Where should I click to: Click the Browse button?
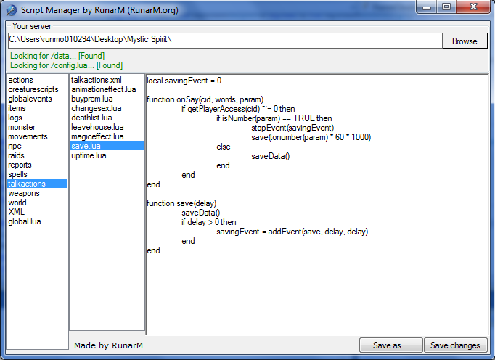tap(465, 41)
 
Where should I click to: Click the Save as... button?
tap(390, 345)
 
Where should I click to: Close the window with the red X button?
tap(473, 7)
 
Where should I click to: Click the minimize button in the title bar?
tap(427, 7)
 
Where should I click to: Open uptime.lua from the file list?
tap(89, 155)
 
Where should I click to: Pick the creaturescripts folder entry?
tap(33, 89)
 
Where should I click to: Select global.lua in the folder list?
tap(25, 221)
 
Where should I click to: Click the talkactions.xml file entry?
tap(97, 80)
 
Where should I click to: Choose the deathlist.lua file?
tap(91, 118)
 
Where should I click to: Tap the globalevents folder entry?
tap(30, 99)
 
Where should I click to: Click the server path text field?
tap(225, 41)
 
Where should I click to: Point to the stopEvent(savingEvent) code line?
tap(292, 128)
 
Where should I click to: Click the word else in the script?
tap(224, 147)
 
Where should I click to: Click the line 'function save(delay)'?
tap(181, 203)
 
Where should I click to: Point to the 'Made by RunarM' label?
tap(108, 345)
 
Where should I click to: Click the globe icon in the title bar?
tap(12, 10)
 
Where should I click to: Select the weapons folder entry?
tap(24, 193)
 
